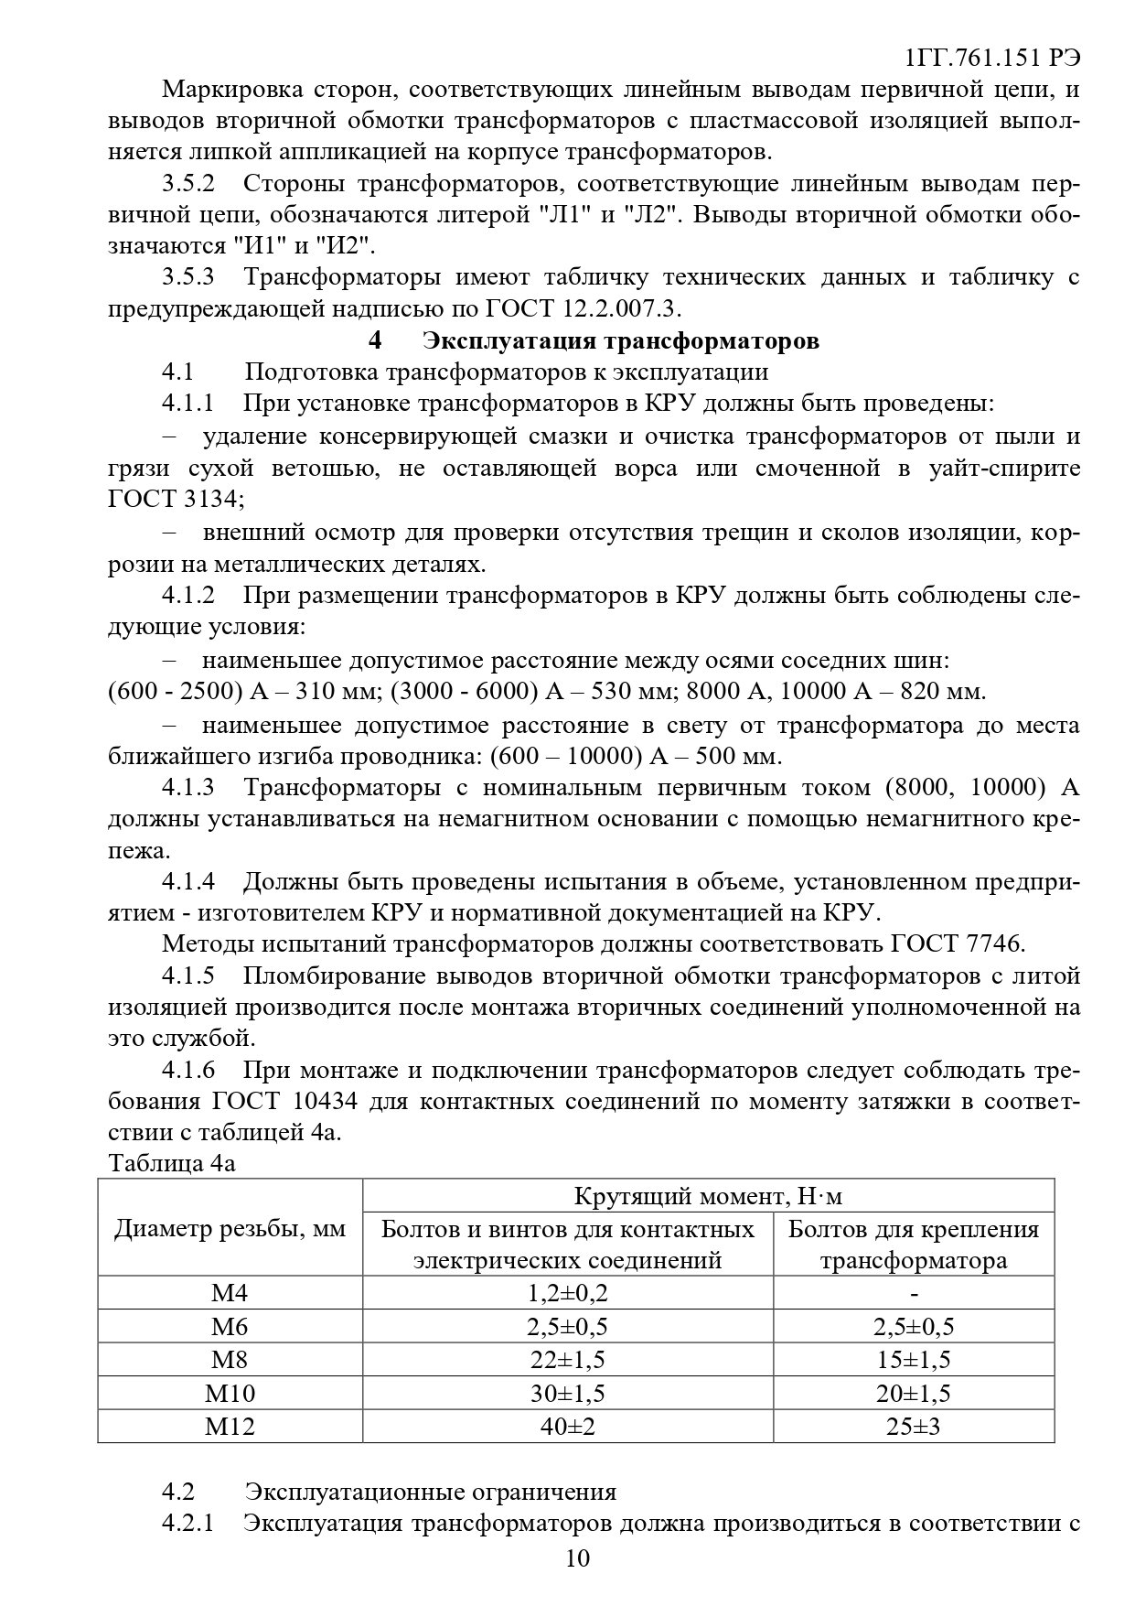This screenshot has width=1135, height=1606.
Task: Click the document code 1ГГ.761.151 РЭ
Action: (991, 58)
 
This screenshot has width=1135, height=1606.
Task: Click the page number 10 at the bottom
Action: (578, 1557)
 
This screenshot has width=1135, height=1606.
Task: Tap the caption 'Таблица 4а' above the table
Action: (172, 1163)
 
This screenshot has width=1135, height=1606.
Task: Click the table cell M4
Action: (230, 1293)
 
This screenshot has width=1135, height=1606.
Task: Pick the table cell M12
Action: (230, 1426)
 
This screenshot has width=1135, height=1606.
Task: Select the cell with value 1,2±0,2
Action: (567, 1293)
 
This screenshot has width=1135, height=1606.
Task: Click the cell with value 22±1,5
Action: (567, 1360)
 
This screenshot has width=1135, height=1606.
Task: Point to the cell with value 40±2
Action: (567, 1426)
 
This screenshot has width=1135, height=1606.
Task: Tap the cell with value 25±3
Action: (913, 1426)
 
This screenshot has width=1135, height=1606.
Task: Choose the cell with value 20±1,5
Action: (913, 1393)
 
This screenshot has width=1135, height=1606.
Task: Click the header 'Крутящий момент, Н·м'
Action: (708, 1196)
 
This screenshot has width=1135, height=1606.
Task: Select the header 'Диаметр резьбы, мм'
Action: (230, 1229)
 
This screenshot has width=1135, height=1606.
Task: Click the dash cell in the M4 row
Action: (914, 1293)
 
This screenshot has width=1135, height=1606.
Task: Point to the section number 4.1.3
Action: (188, 788)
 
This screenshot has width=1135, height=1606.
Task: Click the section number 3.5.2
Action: (188, 183)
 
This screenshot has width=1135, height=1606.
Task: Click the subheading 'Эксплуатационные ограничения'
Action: (430, 1492)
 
